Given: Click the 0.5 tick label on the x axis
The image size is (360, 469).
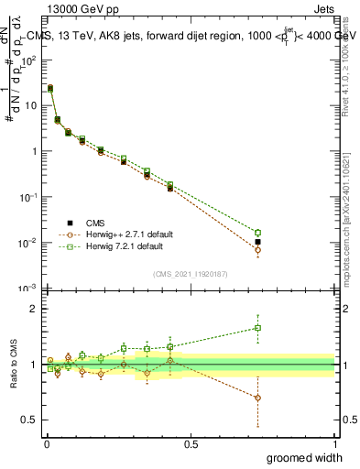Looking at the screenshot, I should coord(191,443).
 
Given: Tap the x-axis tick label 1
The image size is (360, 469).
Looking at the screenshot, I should coord(334,443).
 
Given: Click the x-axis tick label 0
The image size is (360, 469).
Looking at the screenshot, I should coord(47,443).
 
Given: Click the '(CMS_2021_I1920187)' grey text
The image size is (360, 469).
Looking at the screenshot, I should coord(191,273).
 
